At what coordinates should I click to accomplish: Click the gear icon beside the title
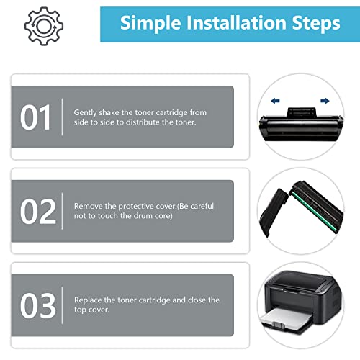point(44,26)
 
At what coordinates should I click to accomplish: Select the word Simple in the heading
point(150,24)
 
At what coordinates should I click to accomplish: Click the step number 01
point(35,117)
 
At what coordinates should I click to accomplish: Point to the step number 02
point(38,212)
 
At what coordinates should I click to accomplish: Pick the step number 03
point(38,305)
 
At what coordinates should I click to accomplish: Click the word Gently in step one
point(85,113)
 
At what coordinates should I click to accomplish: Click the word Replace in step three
point(88,300)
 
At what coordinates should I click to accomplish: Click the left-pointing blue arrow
point(275,101)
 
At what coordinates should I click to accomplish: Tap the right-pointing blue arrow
point(325,101)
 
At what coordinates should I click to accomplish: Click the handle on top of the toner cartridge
point(301,112)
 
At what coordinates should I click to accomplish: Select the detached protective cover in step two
point(273,212)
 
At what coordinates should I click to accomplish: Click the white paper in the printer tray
point(287,318)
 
